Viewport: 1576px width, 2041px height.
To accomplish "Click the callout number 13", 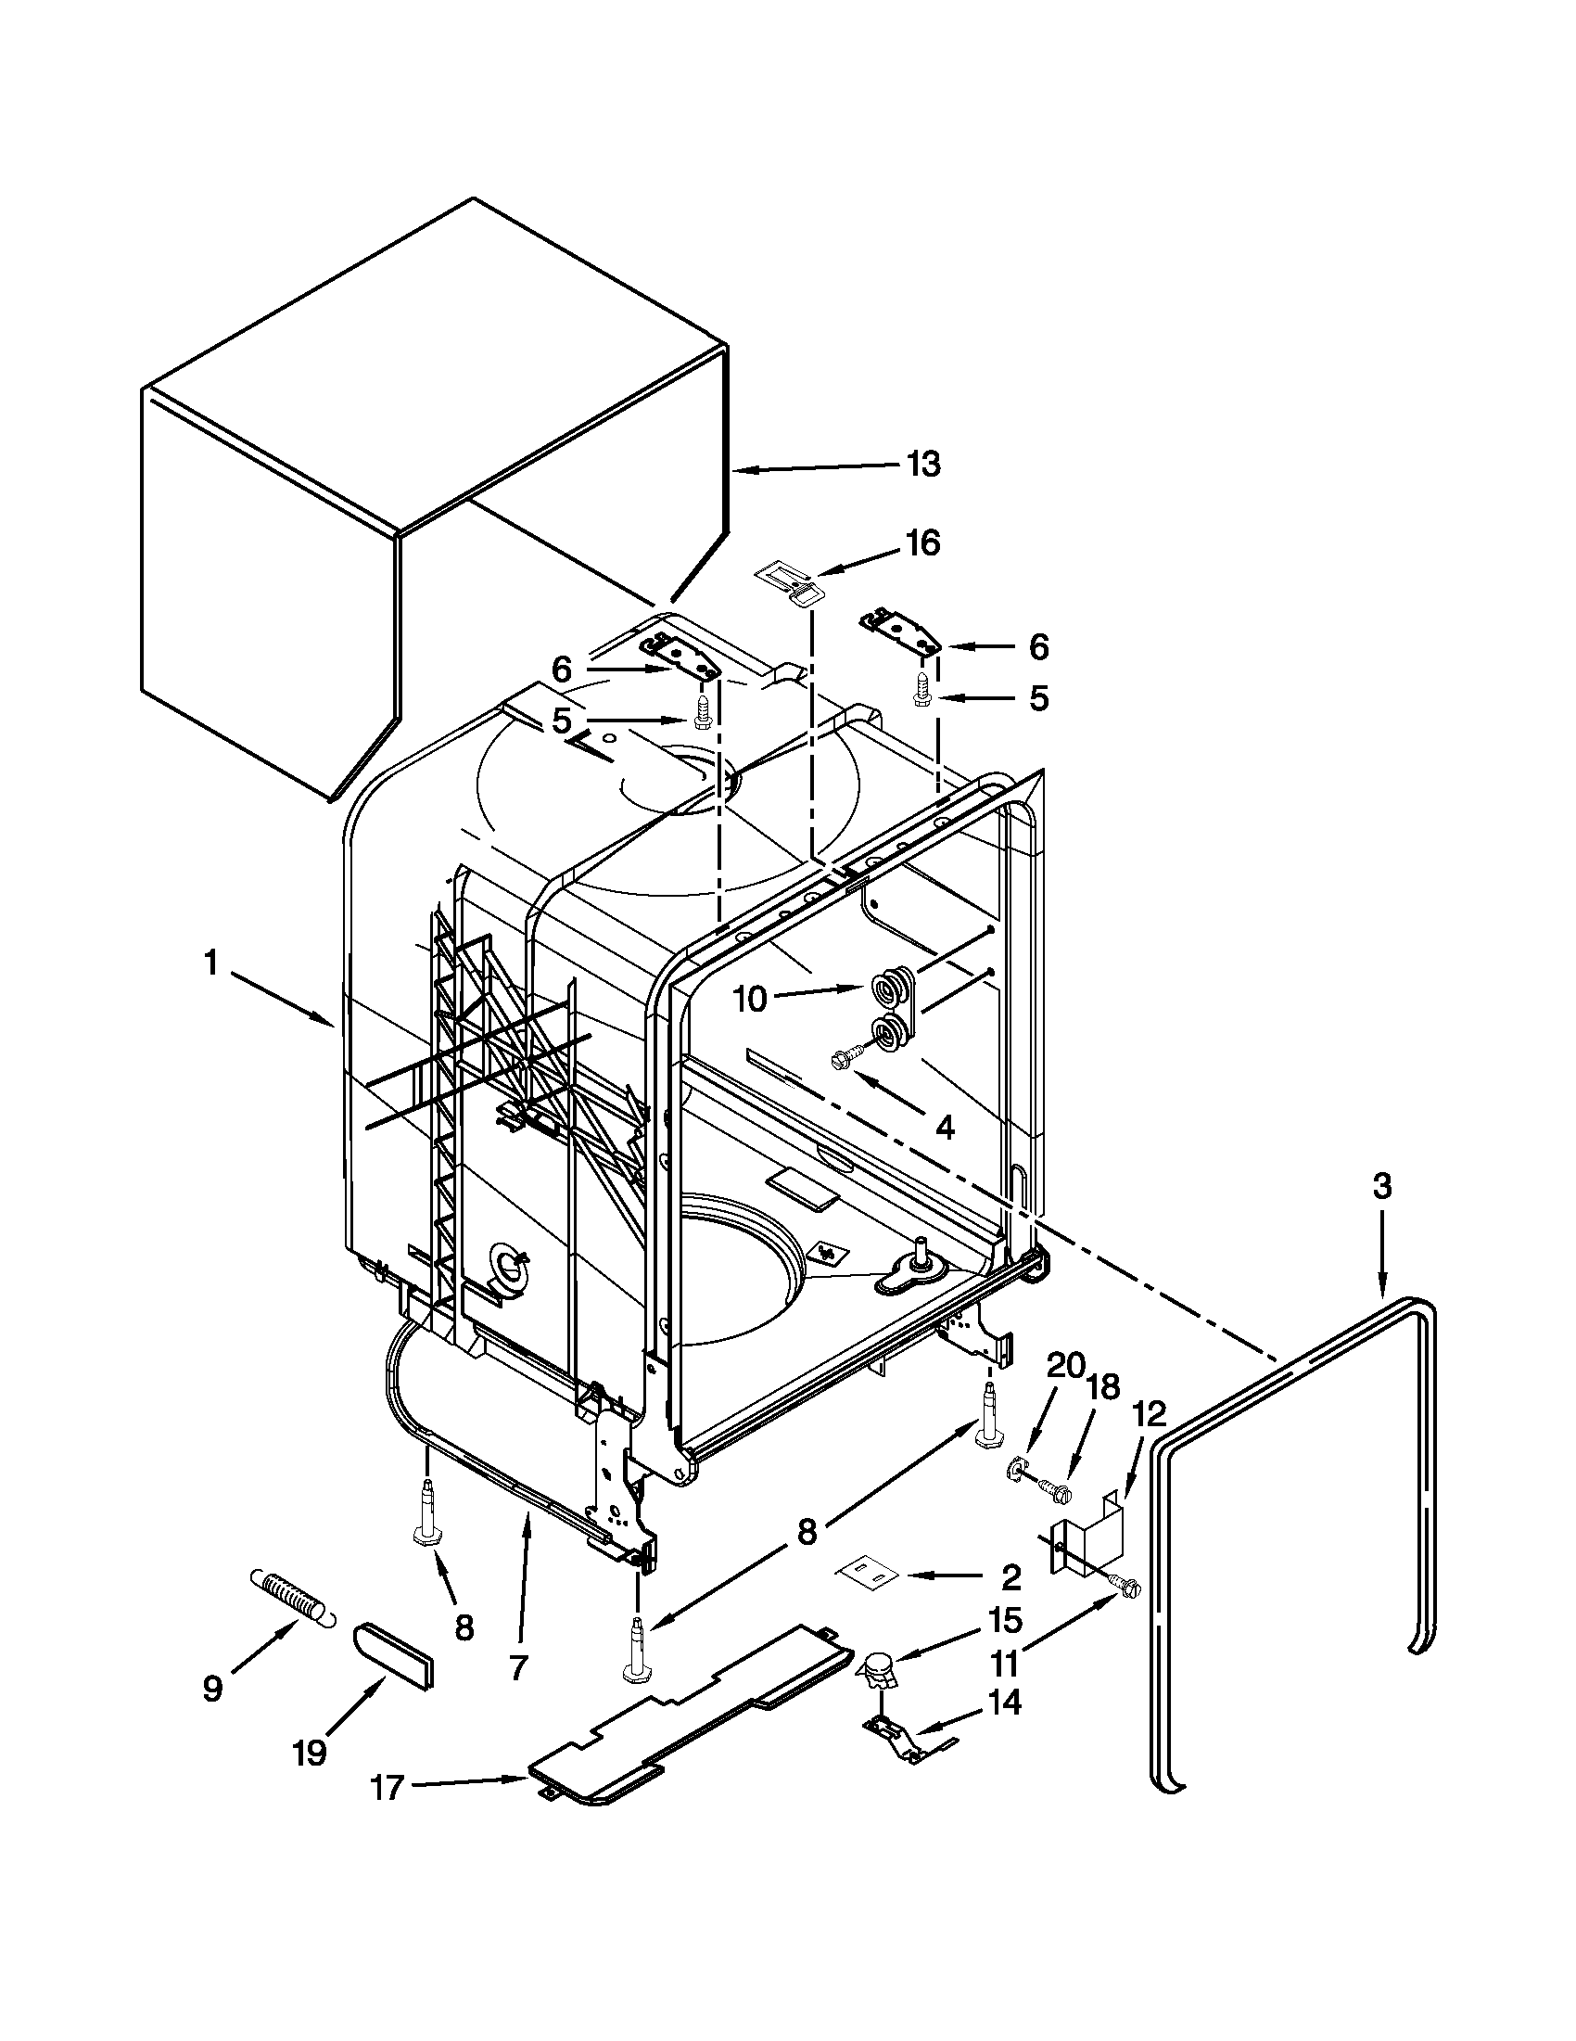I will (924, 464).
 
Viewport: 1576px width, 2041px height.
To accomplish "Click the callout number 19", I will (310, 1754).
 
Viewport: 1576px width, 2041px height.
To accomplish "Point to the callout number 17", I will (387, 1787).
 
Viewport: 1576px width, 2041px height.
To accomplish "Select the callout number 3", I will (1381, 1187).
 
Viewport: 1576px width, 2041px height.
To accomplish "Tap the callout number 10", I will (750, 999).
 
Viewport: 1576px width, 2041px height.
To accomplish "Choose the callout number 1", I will (211, 963).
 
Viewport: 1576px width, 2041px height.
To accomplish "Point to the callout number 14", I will (1004, 1703).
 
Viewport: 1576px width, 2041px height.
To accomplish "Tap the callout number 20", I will (1064, 1366).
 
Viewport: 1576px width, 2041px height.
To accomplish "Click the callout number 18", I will (1103, 1387).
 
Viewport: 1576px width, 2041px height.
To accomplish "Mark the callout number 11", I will (1003, 1664).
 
